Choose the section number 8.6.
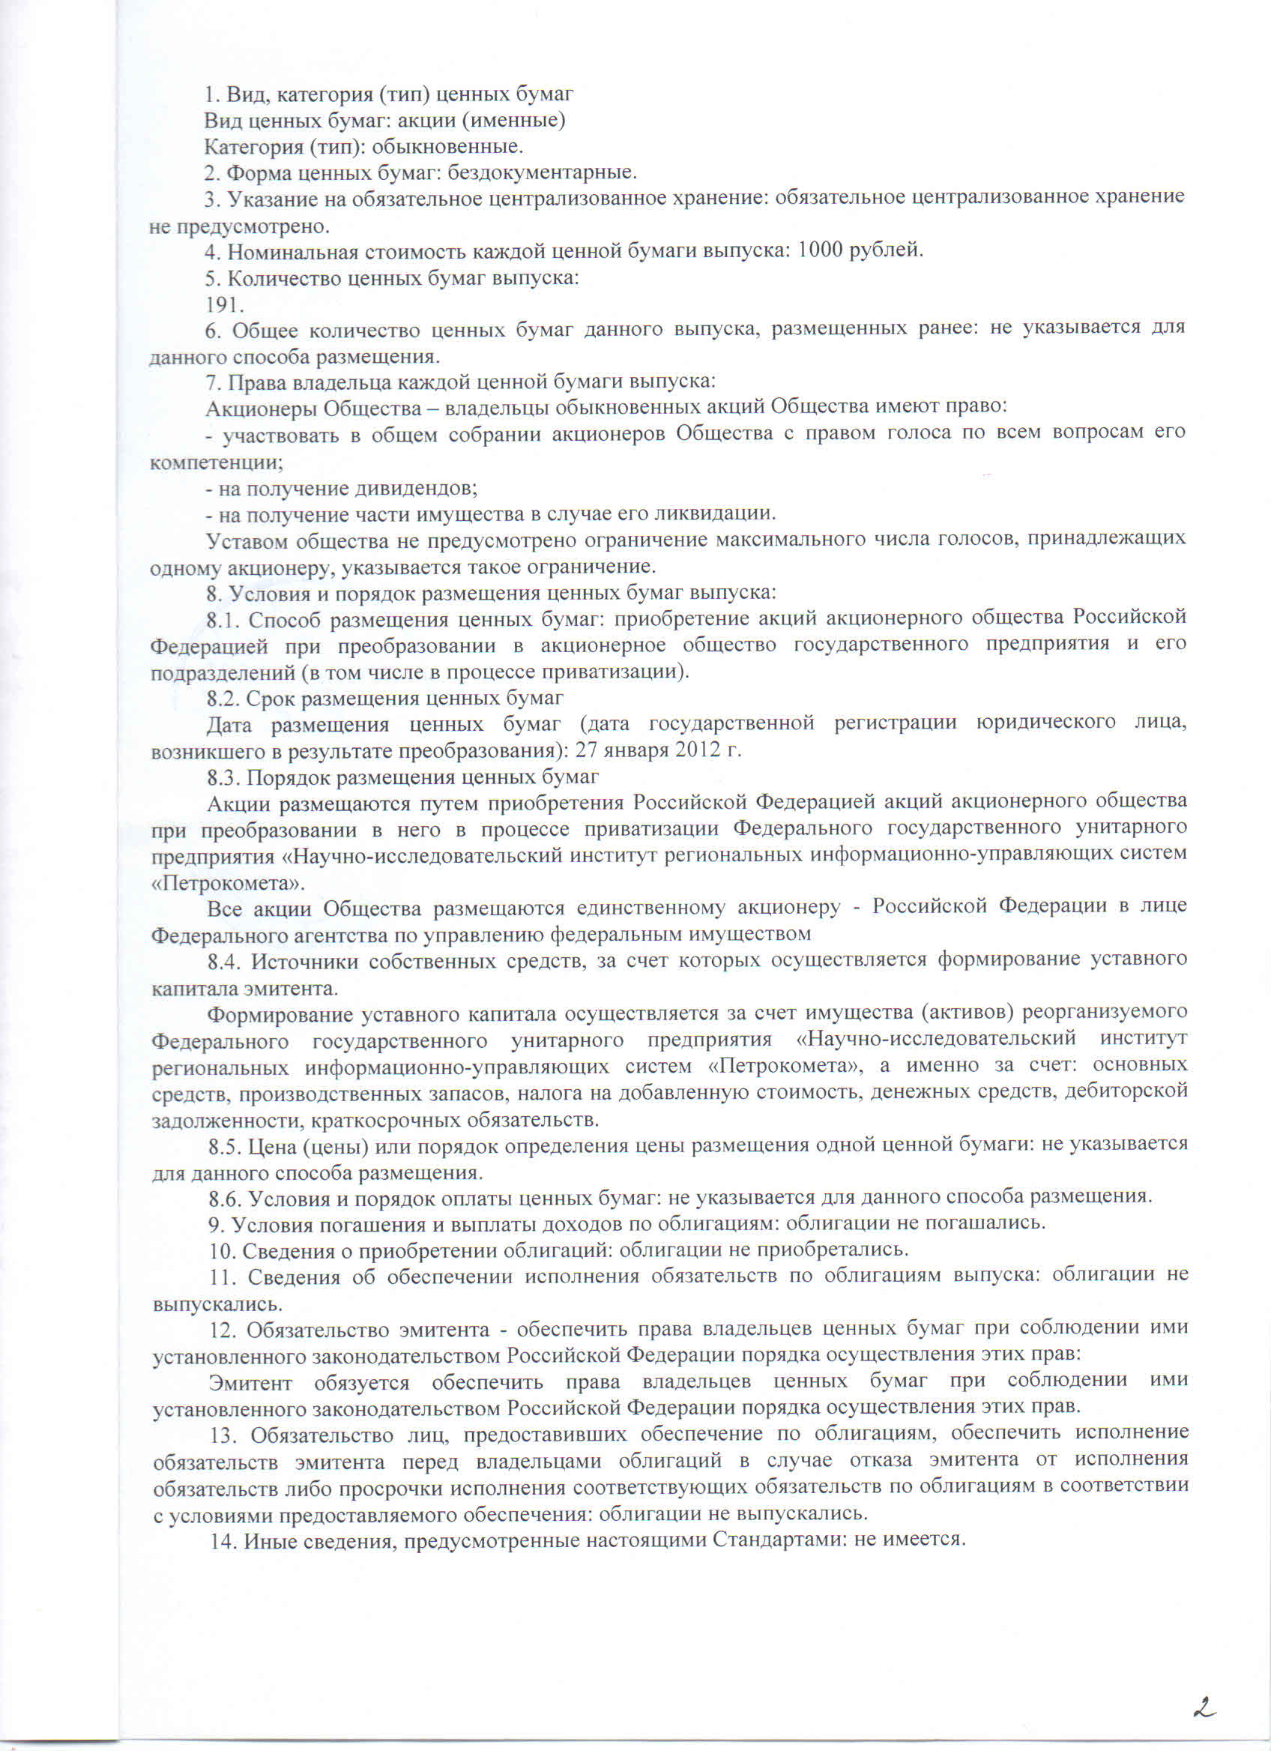[x=226, y=1196]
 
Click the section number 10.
[x=222, y=1250]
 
